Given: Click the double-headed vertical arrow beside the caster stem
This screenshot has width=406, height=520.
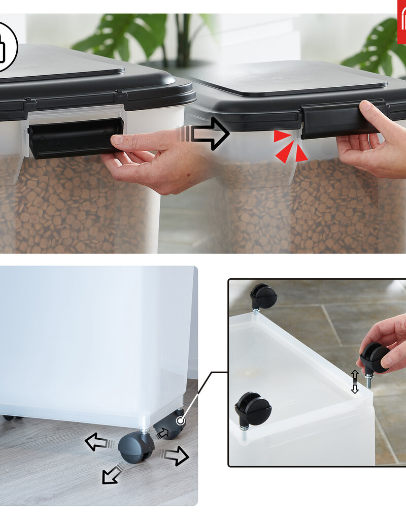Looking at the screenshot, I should point(355,381).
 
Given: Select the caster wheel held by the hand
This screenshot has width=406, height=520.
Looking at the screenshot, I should point(375,359).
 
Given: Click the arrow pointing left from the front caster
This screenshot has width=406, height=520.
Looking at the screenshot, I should point(96,442).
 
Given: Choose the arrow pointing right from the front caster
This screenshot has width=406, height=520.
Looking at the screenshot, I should point(175,455).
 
